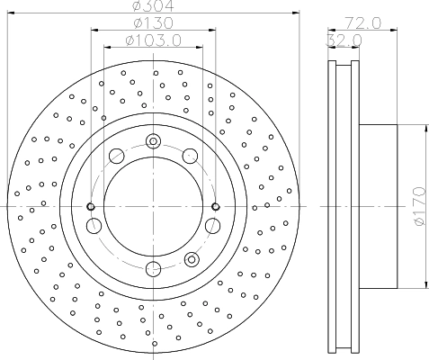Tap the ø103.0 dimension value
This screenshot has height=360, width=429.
153,40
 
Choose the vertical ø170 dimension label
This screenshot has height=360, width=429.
418,207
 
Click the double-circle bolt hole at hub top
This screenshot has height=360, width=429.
153,141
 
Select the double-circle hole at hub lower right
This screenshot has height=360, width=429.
190,259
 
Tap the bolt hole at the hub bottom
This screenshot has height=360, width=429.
153,268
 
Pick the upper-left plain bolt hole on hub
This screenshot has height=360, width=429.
115,157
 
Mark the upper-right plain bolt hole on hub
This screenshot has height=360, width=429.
190,157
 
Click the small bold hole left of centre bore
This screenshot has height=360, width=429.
91,207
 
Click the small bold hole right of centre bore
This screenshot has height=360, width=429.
215,207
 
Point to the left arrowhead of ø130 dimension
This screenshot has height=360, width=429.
94,30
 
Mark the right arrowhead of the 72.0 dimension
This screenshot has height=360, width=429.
397,30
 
